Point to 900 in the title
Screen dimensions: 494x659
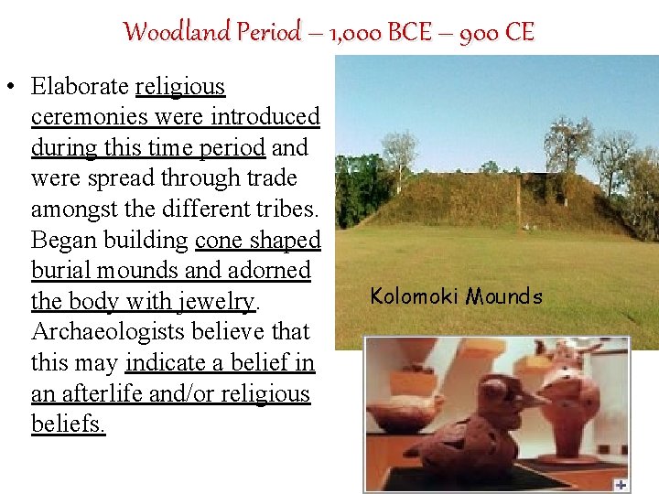coord(478,33)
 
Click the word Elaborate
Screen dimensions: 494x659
coord(80,87)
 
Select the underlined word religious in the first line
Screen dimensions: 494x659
coord(180,87)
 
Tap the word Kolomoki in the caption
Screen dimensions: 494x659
coord(414,296)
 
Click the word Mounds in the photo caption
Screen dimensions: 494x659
coord(503,296)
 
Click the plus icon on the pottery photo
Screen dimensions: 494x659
coord(621,484)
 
